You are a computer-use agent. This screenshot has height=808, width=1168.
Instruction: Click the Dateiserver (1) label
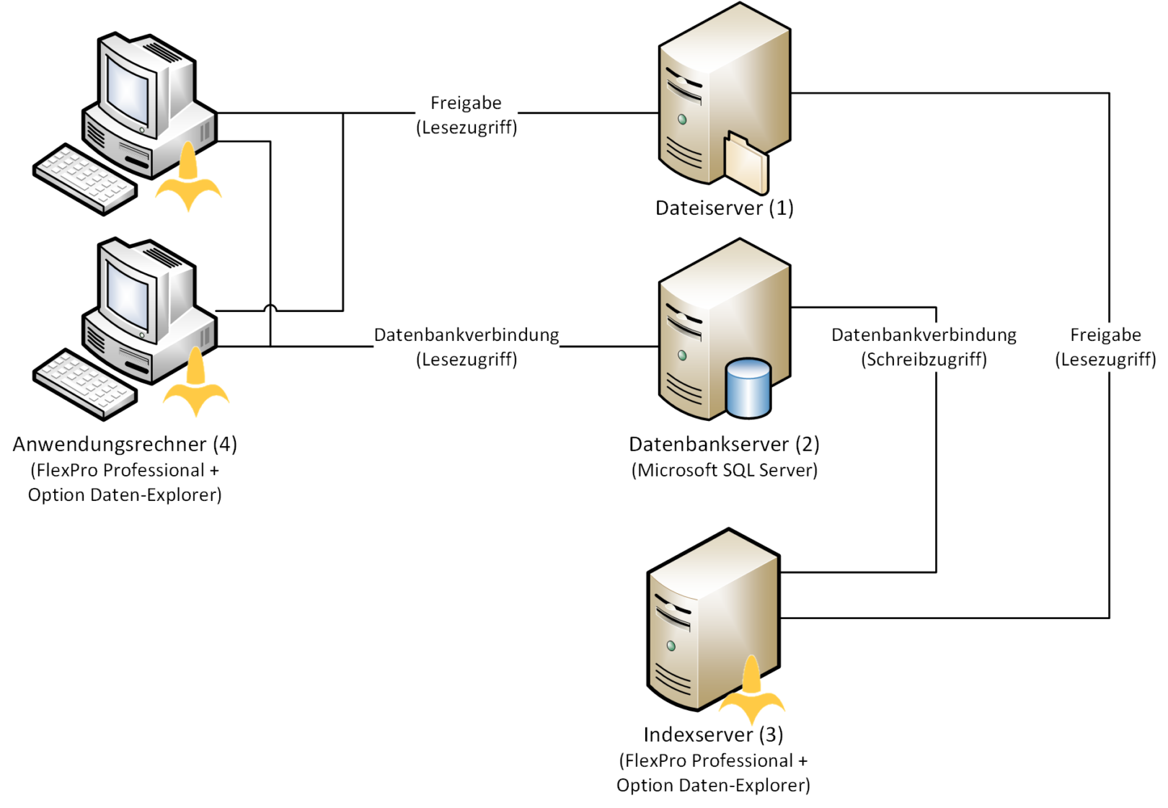click(725, 208)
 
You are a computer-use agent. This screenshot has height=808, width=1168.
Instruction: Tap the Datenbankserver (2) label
click(725, 445)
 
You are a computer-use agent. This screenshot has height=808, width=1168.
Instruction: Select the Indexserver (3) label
click(713, 735)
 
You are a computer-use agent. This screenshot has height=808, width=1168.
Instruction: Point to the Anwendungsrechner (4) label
click(125, 445)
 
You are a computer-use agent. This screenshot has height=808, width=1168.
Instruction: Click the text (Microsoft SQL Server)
click(725, 471)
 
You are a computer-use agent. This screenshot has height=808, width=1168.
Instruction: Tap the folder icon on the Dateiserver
click(746, 163)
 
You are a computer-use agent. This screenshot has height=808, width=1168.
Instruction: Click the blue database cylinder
click(748, 388)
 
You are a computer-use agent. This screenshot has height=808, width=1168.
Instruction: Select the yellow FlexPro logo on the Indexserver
click(751, 691)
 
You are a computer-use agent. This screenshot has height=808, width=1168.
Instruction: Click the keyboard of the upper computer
click(85, 179)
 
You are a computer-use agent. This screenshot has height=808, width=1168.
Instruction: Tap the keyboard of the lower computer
click(85, 384)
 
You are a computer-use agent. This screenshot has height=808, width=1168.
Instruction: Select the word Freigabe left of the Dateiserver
click(466, 103)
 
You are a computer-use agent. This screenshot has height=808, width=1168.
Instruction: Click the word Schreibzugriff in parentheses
click(924, 360)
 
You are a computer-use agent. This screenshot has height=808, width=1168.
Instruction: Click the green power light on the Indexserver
click(671, 647)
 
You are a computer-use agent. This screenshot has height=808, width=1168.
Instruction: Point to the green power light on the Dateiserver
click(682, 120)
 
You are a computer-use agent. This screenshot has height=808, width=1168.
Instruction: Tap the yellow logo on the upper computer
click(188, 177)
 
